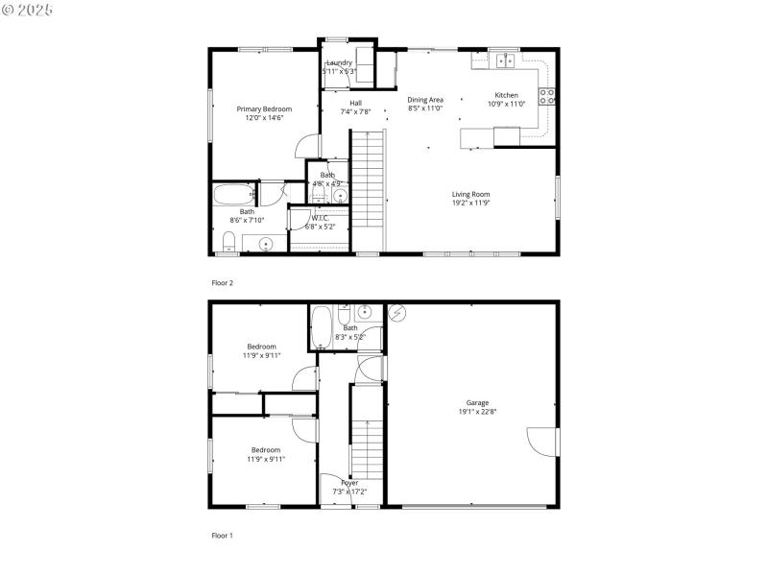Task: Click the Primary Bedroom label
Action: click(264, 108)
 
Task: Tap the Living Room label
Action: click(471, 194)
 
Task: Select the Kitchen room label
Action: click(506, 95)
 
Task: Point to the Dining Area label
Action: click(425, 99)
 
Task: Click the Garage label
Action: click(477, 402)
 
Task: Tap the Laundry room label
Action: click(339, 63)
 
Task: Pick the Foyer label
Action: click(349, 483)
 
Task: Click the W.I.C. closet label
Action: click(320, 218)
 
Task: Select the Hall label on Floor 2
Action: click(355, 103)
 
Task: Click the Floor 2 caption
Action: click(222, 283)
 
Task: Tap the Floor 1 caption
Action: click(222, 535)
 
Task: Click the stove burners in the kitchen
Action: click(547, 96)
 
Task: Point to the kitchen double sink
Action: click(505, 61)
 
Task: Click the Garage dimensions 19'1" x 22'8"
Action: click(477, 412)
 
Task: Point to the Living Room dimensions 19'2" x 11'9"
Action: click(471, 203)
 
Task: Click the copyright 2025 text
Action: click(28, 9)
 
